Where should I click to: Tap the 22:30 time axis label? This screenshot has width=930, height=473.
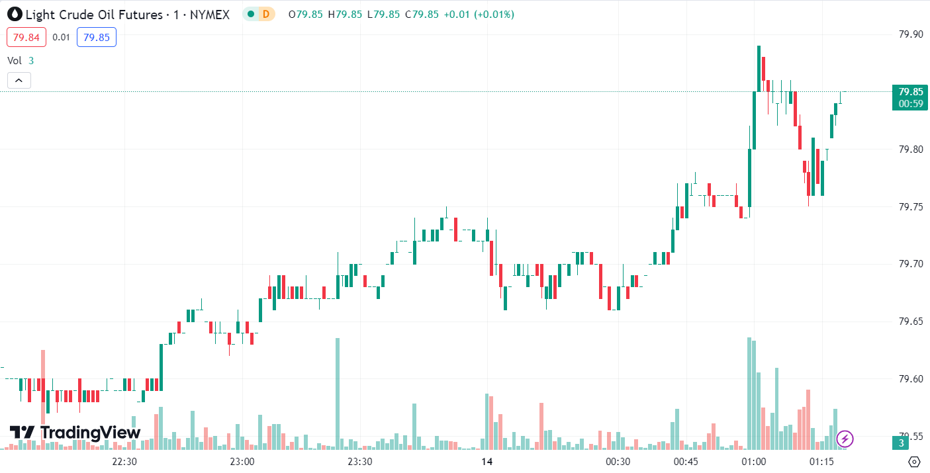pos(124,462)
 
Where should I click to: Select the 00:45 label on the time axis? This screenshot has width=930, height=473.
pos(686,462)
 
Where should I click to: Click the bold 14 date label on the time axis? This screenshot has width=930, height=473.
pos(487,462)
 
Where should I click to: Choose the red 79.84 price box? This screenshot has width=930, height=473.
pos(26,37)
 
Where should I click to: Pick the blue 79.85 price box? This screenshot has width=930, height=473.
pos(97,37)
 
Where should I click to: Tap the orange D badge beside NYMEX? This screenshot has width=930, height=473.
pos(266,14)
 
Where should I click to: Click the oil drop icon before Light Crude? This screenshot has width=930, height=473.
pos(13,14)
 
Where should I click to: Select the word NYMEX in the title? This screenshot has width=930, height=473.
pos(210,14)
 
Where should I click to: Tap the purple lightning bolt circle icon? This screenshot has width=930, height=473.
pos(845,438)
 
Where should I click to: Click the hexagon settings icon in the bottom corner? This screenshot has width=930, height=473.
pos(914,462)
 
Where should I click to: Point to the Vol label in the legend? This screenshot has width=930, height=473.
pos(15,60)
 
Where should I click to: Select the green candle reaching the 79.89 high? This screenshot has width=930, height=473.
pos(759,69)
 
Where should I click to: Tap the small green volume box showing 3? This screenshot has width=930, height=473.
pos(902,443)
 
